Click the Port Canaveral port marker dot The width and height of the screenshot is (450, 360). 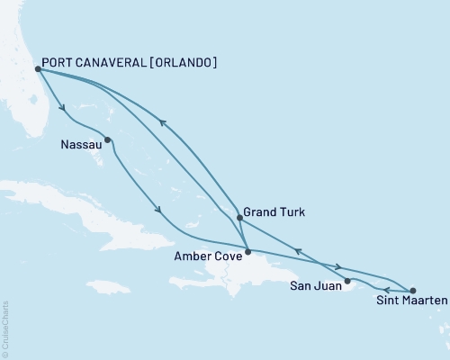pyautogui.click(x=37, y=68)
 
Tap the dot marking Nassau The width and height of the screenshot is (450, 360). pyautogui.click(x=108, y=139)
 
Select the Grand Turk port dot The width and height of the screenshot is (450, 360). pyautogui.click(x=238, y=218)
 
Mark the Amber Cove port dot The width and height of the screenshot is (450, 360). pyautogui.click(x=247, y=251)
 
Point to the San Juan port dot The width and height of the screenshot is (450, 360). pyautogui.click(x=347, y=281)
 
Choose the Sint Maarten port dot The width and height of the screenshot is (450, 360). pyautogui.click(x=413, y=291)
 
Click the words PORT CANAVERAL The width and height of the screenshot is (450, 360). pyautogui.click(x=94, y=63)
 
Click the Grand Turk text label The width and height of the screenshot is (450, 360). pyautogui.click(x=275, y=213)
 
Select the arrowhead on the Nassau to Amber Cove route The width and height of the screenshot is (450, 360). pyautogui.click(x=159, y=211)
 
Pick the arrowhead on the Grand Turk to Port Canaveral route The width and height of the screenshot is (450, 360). pyautogui.click(x=161, y=124)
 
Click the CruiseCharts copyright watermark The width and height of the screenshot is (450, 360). pyautogui.click(x=5, y=328)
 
